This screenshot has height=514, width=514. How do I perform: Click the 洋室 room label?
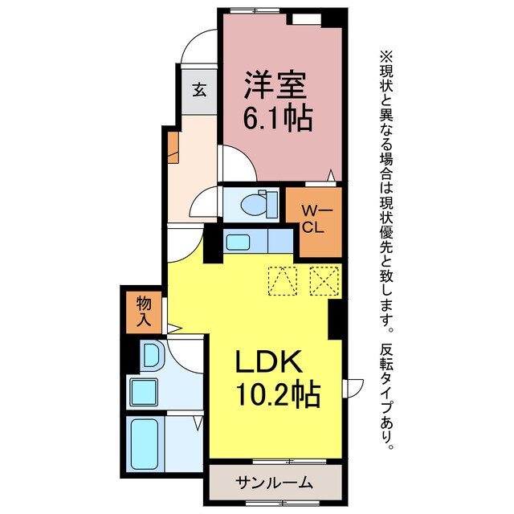point(277,84)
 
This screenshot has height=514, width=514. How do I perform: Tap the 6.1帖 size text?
point(277,120)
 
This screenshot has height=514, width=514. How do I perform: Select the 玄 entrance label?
point(198,90)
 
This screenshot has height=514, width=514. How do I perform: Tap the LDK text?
point(268,363)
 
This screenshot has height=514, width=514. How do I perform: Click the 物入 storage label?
point(145,312)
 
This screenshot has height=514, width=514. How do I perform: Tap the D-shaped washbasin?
point(150,354)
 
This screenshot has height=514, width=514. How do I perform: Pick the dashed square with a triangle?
point(282,280)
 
